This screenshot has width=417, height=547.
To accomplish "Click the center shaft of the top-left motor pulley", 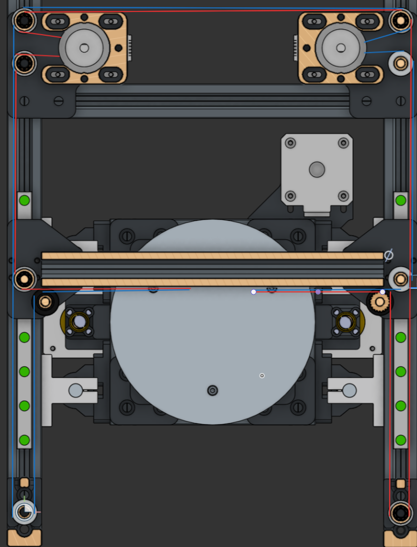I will (x=84, y=48).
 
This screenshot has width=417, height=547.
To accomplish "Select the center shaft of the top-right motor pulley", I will (x=340, y=48).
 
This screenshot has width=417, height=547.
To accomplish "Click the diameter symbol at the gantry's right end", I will (x=389, y=255).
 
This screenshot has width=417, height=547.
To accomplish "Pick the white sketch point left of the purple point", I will (x=253, y=292).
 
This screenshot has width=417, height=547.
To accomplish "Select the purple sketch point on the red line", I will (x=318, y=292).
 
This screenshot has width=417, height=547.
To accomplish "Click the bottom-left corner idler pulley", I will (x=24, y=512).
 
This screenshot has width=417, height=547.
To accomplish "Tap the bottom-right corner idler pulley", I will (x=400, y=513).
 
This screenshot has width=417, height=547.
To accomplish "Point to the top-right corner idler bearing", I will (x=400, y=21).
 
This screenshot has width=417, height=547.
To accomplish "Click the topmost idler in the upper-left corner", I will (x=24, y=21).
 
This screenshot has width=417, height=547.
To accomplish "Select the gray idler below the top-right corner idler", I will (x=400, y=63).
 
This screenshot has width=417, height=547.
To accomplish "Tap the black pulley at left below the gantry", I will (x=45, y=301).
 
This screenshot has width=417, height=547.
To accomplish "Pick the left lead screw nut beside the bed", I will (x=79, y=322).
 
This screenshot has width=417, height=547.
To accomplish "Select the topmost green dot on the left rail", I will (x=24, y=200).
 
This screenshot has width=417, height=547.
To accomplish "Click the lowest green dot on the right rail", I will (x=400, y=440).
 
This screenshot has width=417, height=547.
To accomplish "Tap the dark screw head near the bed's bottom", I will (x=212, y=390).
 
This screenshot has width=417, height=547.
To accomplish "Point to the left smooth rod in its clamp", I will (x=76, y=390).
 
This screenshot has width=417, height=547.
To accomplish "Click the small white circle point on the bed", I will (x=262, y=375).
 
